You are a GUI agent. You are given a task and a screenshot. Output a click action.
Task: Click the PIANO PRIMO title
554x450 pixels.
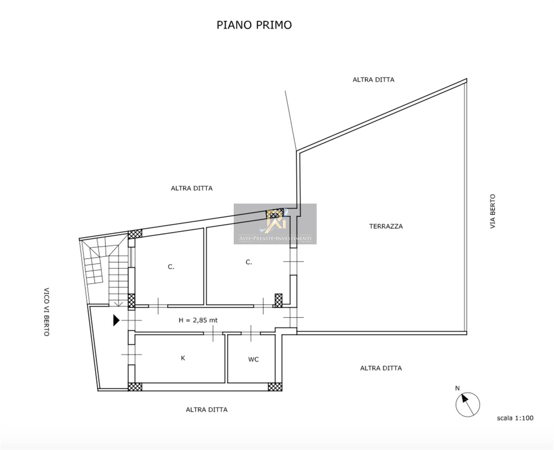coord(254,25)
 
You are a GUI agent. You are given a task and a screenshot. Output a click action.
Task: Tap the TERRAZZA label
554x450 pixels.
coord(386,226)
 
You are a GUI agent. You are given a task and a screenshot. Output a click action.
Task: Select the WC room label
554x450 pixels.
coord(253,360)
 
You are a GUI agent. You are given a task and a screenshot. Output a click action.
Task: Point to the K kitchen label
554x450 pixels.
coord(183,358)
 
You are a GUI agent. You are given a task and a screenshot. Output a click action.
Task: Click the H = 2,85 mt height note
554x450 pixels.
coord(198,320)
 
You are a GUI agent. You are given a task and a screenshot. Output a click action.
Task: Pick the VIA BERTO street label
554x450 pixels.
coord(493,211)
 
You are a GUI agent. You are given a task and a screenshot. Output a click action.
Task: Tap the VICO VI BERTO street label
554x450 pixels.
coord(46,312)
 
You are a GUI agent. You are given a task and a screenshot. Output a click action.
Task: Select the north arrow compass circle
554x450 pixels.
coord(468,405)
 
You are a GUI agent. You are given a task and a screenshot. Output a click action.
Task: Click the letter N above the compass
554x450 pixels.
coord(457,388)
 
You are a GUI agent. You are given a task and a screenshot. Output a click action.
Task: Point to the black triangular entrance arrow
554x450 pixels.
coord(116,320)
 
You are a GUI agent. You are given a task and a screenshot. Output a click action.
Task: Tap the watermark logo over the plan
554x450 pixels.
coord(275,224)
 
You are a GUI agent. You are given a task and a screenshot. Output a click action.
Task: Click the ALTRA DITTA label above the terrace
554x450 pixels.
coord(374,80)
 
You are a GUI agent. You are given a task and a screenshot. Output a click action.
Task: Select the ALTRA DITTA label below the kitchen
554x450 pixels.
coord(206,410)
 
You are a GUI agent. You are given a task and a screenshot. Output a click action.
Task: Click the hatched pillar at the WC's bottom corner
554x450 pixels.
coord(275,387)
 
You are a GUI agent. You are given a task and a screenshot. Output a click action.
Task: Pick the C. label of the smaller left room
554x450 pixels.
coord(171,267)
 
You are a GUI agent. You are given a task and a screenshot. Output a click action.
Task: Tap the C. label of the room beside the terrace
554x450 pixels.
coord(249,262)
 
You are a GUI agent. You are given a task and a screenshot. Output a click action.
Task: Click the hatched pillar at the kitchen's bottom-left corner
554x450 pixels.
coord(135,387)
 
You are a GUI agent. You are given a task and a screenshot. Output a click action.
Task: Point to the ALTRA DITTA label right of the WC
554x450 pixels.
coord(381,368)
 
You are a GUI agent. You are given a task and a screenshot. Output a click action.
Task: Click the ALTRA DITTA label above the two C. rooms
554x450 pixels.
coord(192,188)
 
